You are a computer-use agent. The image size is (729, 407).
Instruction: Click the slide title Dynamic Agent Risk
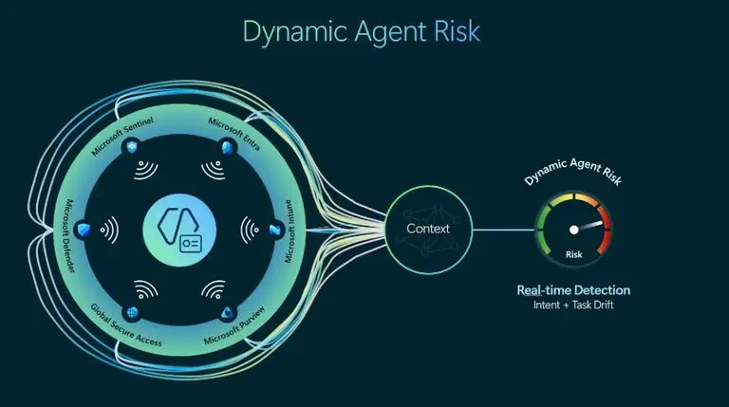362,32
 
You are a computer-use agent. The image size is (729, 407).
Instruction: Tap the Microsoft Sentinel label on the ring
121,136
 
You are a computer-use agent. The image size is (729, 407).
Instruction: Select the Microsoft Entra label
234,134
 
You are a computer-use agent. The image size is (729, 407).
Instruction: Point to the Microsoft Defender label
68,236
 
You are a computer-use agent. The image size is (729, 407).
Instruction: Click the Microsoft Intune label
290,231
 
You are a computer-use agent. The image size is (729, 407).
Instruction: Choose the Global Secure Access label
126,325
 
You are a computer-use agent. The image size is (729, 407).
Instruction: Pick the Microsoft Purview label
234,325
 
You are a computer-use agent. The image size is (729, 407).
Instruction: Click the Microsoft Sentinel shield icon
133,148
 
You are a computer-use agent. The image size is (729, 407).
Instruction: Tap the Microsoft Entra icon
227,147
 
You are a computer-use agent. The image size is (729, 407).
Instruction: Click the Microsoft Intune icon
275,230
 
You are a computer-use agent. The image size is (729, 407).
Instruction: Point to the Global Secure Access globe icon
133,313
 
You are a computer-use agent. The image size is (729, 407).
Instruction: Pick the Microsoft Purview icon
227,313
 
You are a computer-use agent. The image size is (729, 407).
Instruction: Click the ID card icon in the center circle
191,244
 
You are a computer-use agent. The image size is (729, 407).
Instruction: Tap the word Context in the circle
428,229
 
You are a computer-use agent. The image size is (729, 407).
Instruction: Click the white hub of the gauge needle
574,230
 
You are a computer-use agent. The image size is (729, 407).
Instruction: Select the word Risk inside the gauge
573,254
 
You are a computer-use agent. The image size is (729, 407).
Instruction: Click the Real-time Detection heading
573,290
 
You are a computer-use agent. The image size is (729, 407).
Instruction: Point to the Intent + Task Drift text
573,305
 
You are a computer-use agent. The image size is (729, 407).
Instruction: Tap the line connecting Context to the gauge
503,230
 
